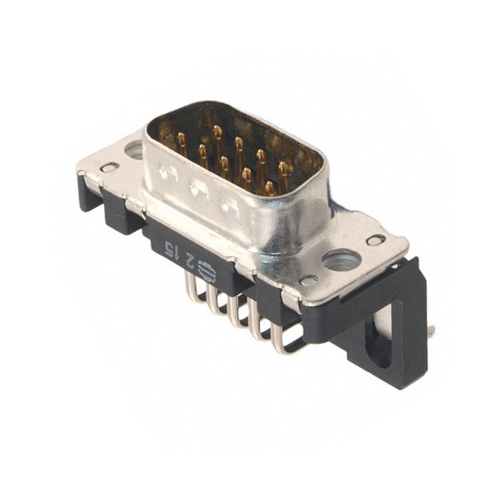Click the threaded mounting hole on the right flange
340,259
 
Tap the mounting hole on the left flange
134,150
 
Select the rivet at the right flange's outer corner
375,240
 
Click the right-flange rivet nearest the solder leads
308,280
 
